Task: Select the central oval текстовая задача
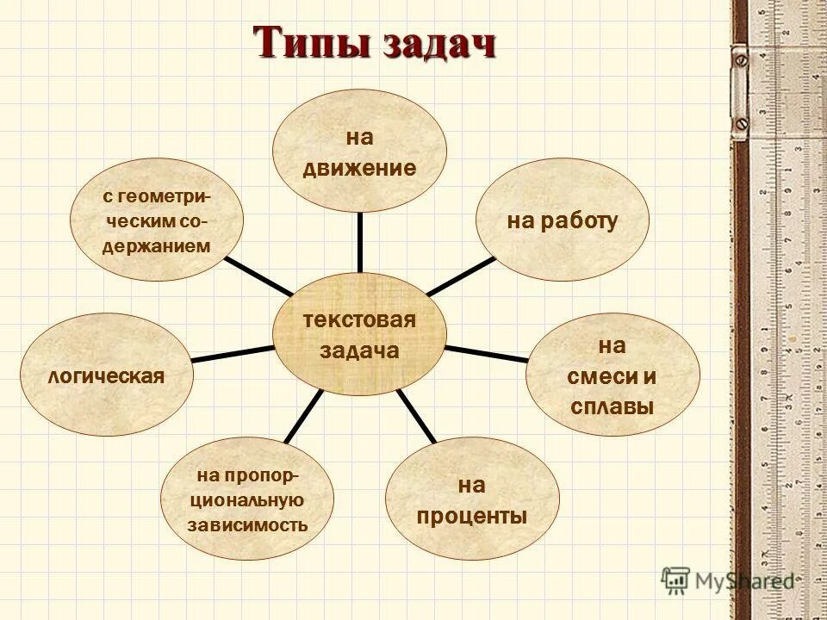(x=359, y=334)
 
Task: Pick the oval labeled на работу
(x=563, y=221)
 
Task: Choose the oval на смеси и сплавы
(x=612, y=375)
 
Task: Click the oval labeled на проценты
(x=471, y=500)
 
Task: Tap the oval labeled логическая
(x=106, y=375)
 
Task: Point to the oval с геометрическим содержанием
(x=157, y=221)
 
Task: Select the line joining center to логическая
(x=231, y=353)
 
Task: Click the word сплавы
(x=612, y=406)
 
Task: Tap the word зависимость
(x=248, y=524)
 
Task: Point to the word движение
(x=359, y=168)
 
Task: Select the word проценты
(x=471, y=517)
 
